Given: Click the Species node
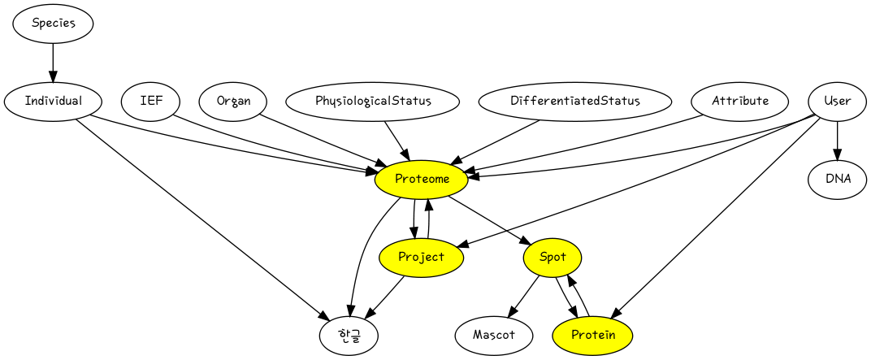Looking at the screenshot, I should (53, 24).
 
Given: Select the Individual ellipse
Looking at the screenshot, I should (53, 102).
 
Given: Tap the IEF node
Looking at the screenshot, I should (150, 102).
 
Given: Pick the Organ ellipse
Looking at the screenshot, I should (233, 102).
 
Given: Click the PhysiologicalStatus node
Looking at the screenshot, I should (372, 102).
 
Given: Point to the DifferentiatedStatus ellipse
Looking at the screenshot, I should (574, 102).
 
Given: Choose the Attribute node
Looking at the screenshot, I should (740, 102).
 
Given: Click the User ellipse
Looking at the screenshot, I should (837, 102).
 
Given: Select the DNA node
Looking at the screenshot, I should (837, 180).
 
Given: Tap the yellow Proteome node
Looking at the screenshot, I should (421, 180).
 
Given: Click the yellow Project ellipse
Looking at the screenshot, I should (421, 258).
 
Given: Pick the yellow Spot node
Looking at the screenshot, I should (552, 258).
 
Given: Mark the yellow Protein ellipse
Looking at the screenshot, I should (592, 335).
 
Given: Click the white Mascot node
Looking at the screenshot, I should (494, 335).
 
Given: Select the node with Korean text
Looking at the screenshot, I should (349, 335).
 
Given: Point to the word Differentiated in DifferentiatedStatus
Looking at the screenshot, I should (555, 102).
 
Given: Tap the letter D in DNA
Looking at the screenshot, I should (829, 180).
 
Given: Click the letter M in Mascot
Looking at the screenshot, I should (478, 335).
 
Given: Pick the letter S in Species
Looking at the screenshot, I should (36, 23).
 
